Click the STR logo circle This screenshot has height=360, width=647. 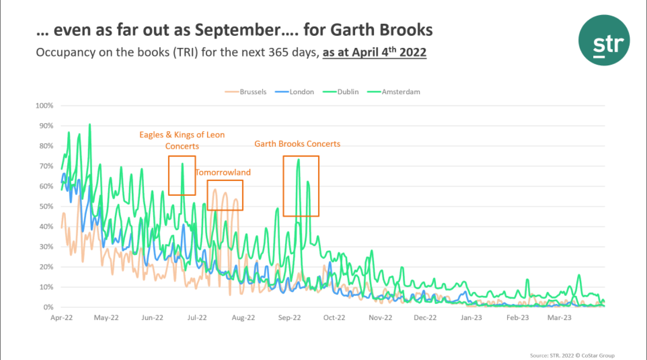tap(604, 40)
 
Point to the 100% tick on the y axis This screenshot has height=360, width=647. tap(45, 106)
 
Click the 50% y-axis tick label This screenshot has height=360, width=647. tap(46, 206)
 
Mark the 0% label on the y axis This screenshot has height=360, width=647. tap(49, 307)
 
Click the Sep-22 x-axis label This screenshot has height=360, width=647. tap(289, 317)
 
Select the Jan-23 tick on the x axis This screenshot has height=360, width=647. tap(471, 317)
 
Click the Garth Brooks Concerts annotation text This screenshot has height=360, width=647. tap(297, 144)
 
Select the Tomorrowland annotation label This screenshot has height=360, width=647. tap(223, 172)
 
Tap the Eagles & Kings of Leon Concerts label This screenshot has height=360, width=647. tap(182, 140)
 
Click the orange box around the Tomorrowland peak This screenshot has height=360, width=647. tap(225, 195)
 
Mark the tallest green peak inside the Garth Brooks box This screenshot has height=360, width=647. tap(298, 159)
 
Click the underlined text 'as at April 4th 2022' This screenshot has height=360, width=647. tap(375, 53)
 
